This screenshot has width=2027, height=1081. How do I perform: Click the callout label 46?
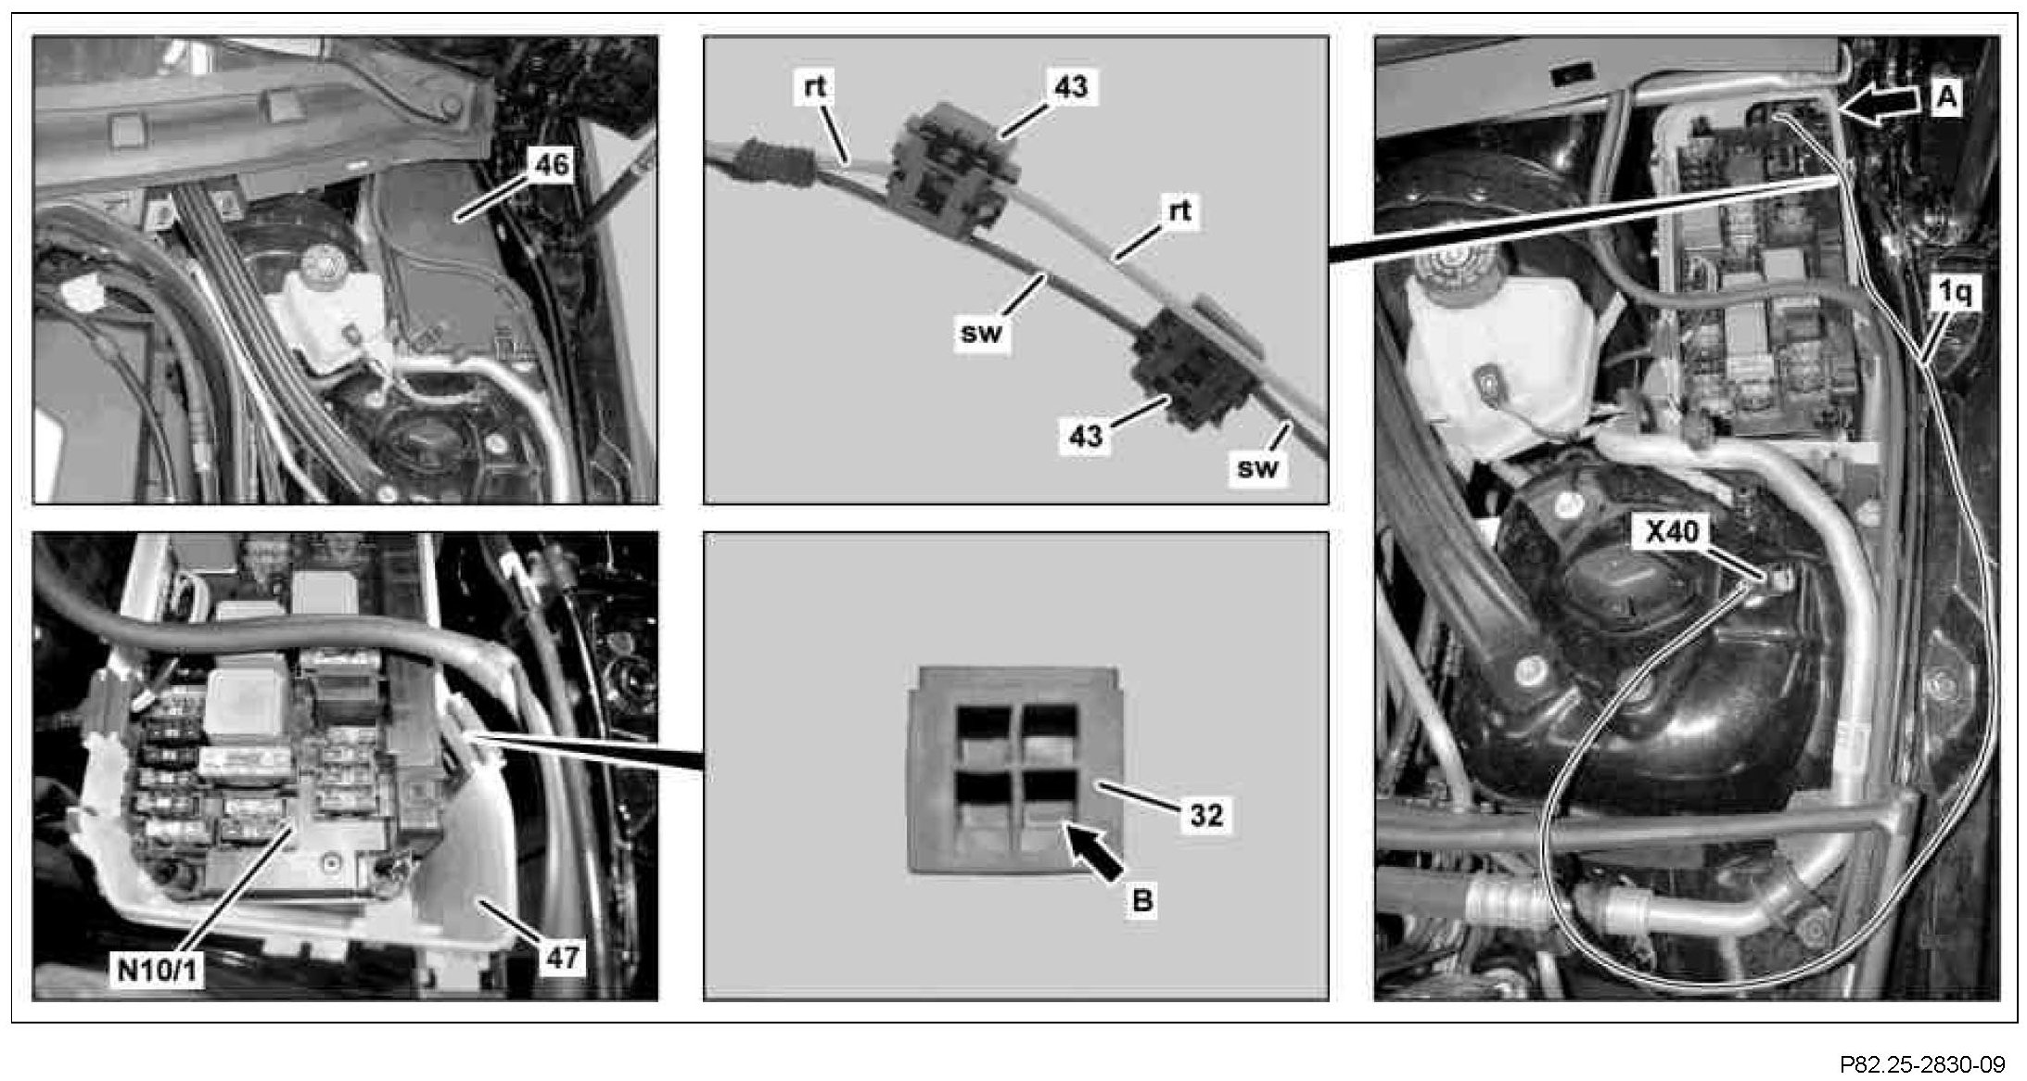pyautogui.click(x=551, y=165)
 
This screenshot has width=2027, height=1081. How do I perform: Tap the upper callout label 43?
pyautogui.click(x=1071, y=87)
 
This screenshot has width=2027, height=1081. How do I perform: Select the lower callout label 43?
pyautogui.click(x=1086, y=435)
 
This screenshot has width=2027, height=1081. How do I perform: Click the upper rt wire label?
pyautogui.click(x=815, y=86)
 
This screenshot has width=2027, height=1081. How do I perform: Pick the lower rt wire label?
pyautogui.click(x=1179, y=210)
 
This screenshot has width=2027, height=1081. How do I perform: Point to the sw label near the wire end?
pyautogui.click(x=1257, y=467)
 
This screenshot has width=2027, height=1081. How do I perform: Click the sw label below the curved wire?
pyautogui.click(x=982, y=332)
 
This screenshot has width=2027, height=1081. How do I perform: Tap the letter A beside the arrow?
pyautogui.click(x=1947, y=97)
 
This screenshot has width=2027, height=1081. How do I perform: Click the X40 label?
pyautogui.click(x=1672, y=531)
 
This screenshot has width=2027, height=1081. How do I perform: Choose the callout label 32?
pyautogui.click(x=1206, y=815)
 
